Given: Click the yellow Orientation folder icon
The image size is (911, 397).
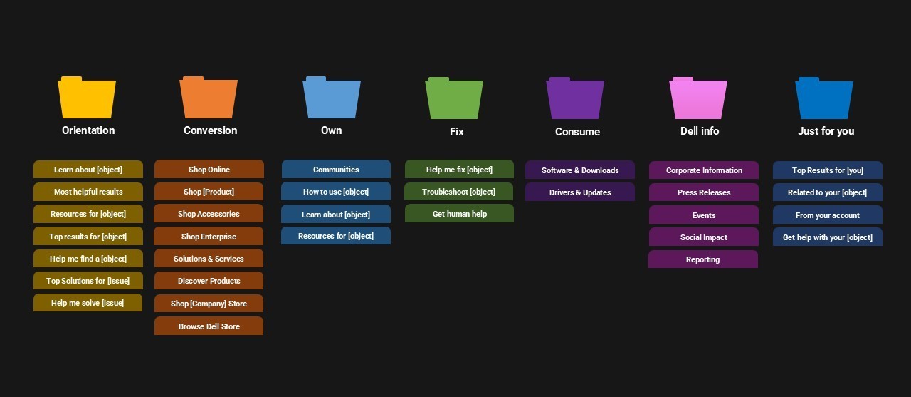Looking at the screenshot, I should coord(87,98).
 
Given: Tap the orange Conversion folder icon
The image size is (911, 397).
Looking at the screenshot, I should coord(209,98).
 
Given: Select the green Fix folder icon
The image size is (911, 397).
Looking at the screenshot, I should coord(454,99).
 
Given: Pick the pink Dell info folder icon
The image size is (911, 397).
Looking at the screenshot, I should coord(698,99).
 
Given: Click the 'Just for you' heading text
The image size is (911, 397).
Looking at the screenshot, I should coord(826,131).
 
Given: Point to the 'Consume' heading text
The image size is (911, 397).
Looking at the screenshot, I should coord(577,132).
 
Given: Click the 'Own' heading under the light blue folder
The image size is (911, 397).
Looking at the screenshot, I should coord(331,130).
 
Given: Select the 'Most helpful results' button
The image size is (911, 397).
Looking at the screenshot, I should coord(88,192).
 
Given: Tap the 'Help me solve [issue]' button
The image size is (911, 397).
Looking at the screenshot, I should coord(88,303).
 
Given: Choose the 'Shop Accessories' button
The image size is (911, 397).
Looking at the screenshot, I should coord(209,214).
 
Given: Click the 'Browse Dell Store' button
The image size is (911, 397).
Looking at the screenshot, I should coord(209,326).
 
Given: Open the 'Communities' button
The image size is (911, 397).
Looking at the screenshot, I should coord(336,170).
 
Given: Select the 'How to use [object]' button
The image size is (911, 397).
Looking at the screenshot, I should coord(336,192).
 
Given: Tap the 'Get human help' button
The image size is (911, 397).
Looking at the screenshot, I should coord(459,214).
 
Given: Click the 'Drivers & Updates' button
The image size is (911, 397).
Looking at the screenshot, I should coord(580,192).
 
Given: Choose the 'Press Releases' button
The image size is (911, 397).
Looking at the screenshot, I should coord(704,192).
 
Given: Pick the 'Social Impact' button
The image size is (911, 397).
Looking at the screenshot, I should coord(704,237).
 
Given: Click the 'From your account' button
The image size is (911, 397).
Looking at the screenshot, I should coord(828,215).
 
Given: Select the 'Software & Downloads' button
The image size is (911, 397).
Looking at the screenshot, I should coord(580,170).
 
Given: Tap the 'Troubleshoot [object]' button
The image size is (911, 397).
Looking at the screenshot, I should coord(458,192).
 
